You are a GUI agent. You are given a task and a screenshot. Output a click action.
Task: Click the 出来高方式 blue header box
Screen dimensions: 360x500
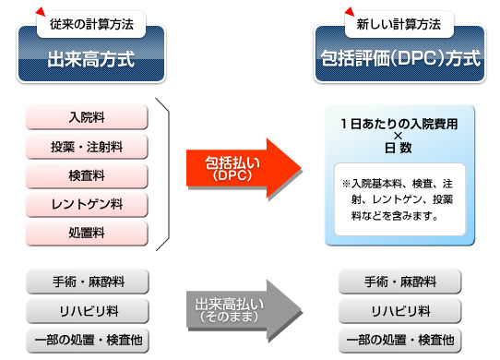click(90, 60)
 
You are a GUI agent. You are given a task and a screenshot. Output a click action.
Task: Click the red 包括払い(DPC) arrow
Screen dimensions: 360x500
click(242, 167)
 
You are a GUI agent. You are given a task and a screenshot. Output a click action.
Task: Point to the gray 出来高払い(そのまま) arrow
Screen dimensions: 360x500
click(242, 307)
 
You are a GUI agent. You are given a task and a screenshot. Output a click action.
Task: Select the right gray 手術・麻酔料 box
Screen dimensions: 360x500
click(400, 280)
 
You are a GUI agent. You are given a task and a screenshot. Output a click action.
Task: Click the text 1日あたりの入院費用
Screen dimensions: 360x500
click(399, 123)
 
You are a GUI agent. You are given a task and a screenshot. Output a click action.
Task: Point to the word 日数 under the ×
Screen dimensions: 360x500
click(399, 148)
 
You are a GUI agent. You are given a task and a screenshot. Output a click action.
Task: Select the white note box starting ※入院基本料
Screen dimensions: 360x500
click(399, 199)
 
